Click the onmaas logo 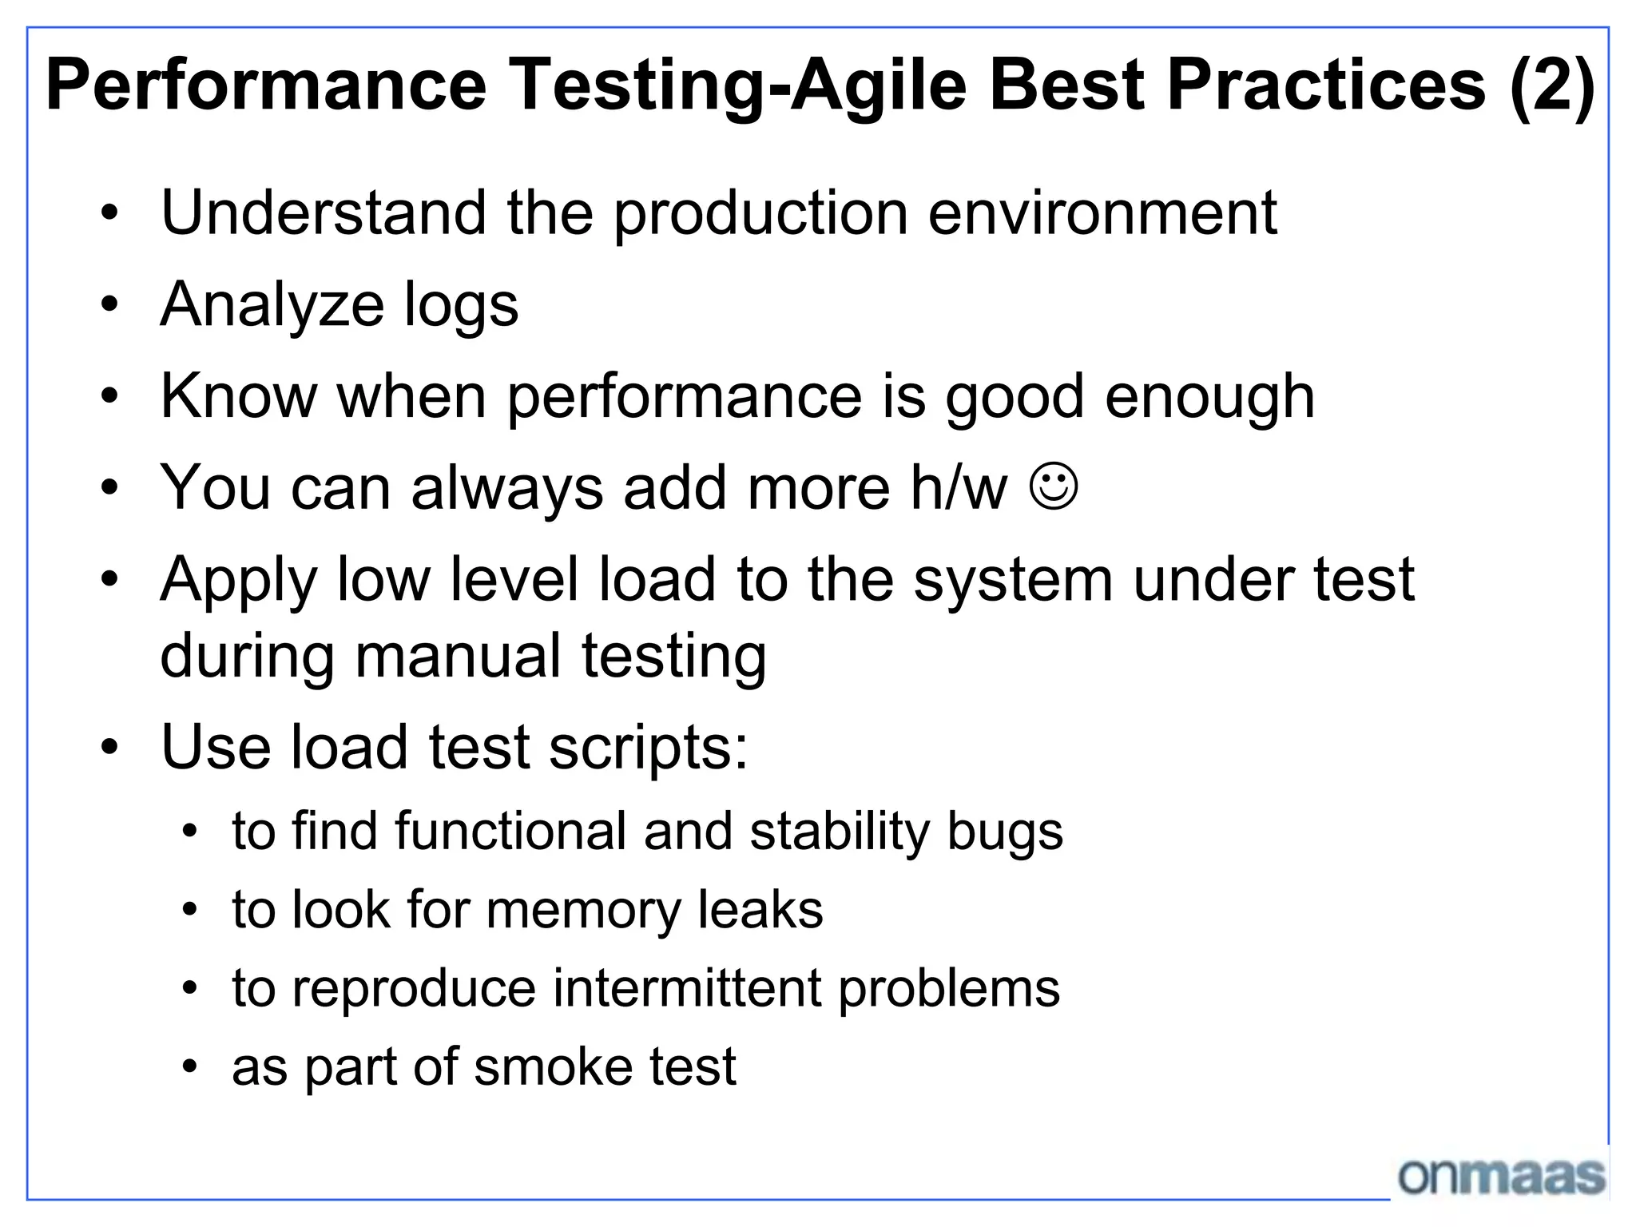1501,1177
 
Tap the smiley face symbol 1054,486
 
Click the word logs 461,305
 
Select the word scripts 648,747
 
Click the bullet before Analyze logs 110,304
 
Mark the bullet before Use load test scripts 110,747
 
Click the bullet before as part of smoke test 189,1066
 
